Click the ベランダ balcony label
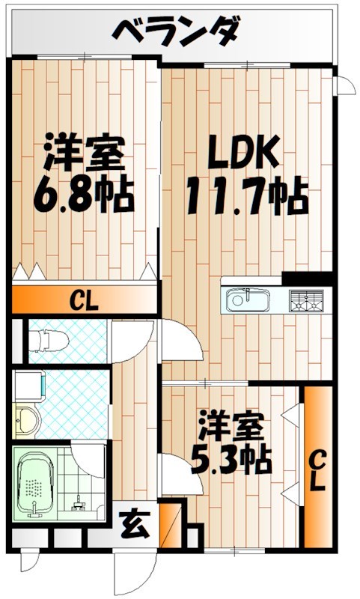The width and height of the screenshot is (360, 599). point(177,31)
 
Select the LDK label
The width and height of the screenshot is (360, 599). point(244,154)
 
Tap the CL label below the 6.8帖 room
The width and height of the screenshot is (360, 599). point(85,302)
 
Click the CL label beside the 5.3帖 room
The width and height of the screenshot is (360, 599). point(317,469)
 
